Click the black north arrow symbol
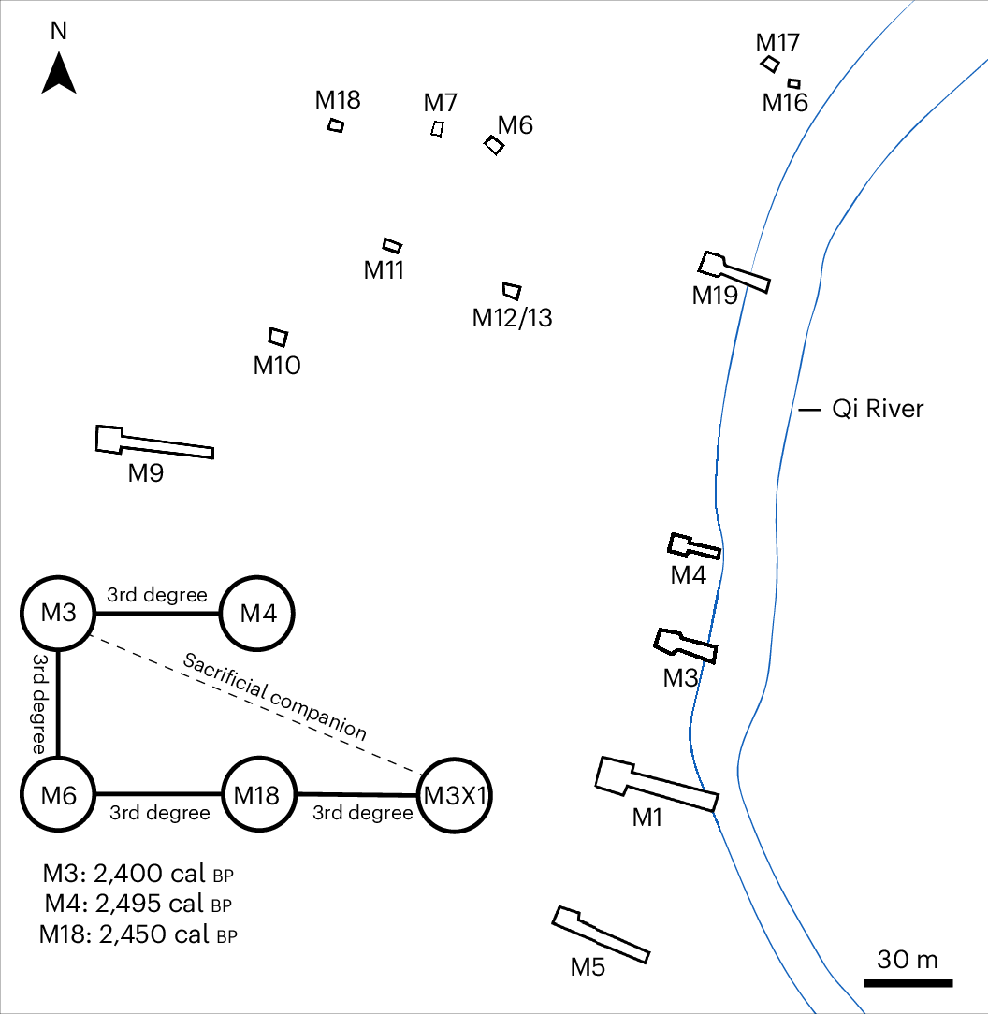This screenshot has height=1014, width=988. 59,75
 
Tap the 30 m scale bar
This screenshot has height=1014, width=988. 908,982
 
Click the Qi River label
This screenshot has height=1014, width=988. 878,409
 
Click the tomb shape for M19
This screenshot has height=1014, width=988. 735,271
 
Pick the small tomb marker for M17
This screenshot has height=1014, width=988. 770,64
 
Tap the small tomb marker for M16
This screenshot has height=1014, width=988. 793,83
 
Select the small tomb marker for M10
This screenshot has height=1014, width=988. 278,336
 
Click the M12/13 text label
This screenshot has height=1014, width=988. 512,318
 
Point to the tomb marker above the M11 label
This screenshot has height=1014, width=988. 393,245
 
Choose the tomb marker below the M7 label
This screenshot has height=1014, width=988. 437,129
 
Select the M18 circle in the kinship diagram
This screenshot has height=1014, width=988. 257,795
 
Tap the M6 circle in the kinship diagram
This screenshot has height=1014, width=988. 58,795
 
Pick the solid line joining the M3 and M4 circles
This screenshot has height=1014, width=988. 158,614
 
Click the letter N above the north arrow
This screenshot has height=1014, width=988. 59,30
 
